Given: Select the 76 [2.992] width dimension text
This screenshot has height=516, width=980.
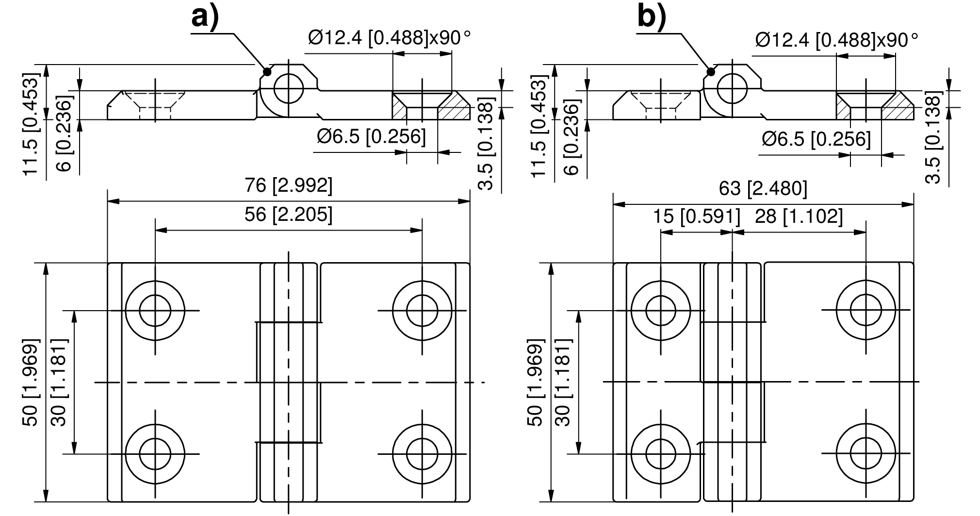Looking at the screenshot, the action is click(x=289, y=186).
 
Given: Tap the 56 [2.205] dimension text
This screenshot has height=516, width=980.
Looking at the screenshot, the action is click(x=289, y=214).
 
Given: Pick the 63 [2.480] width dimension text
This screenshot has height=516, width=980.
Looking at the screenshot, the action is click(x=763, y=189).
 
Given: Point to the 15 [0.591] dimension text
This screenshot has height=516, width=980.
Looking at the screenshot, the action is click(x=696, y=216).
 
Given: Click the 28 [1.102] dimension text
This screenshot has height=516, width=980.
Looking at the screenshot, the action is click(x=799, y=216).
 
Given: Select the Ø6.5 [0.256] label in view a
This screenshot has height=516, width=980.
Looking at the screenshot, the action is click(x=371, y=137).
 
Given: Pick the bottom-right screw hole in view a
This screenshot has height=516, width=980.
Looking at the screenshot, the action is click(x=423, y=454).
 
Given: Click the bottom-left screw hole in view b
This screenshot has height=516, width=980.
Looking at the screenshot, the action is click(x=661, y=454).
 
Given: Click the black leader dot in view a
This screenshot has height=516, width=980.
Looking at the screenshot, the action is click(x=266, y=72).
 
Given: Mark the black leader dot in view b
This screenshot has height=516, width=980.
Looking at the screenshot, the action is click(x=711, y=72).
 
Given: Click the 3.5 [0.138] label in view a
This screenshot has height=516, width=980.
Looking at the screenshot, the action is click(x=486, y=143).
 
